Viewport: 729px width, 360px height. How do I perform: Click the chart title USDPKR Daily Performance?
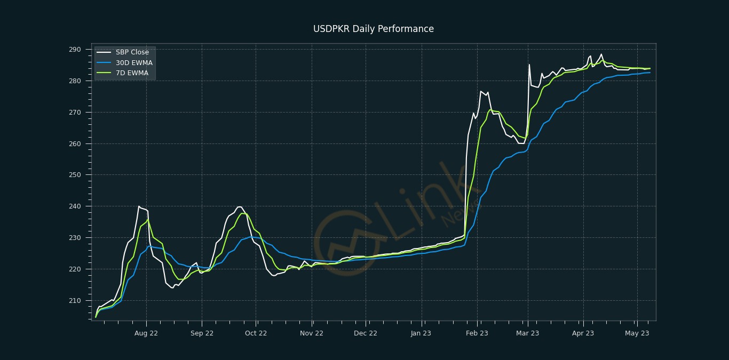tap(373, 29)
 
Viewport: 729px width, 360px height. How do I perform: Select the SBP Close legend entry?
tap(123, 52)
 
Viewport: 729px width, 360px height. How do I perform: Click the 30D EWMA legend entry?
tap(124, 62)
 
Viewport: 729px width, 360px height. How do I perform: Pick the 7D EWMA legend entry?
tap(122, 73)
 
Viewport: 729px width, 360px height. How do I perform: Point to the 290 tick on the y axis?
tap(75, 50)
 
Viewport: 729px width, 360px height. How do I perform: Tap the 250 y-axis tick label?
tap(75, 174)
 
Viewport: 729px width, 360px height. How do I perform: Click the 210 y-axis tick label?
tap(75, 300)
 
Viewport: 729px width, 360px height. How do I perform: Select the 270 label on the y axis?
tap(75, 112)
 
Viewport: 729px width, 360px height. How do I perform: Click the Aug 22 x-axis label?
tap(146, 333)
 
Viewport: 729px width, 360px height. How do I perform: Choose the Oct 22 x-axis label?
tap(256, 333)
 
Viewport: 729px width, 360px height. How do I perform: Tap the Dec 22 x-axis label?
tap(366, 333)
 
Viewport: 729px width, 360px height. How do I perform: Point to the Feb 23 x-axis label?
tap(477, 333)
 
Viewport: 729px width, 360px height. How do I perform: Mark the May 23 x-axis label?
tap(637, 333)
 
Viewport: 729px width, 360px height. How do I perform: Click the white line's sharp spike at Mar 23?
tap(529, 65)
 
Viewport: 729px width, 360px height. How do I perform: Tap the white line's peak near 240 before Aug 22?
tap(139, 206)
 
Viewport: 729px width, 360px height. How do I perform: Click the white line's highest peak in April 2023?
tap(601, 54)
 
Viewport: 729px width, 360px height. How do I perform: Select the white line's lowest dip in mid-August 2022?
tap(172, 288)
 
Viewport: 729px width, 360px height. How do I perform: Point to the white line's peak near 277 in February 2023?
tap(481, 91)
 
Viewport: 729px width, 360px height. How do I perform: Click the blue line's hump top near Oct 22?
tap(251, 237)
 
